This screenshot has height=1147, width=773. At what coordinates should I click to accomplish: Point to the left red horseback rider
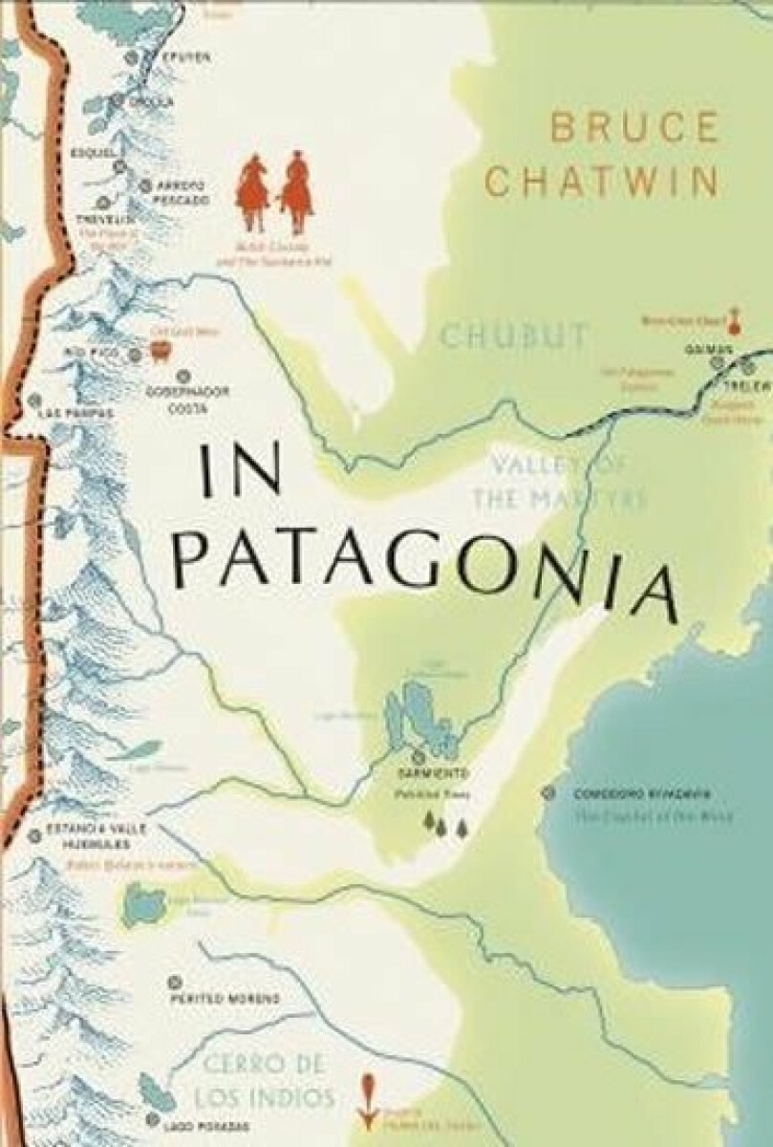pyautogui.click(x=253, y=191)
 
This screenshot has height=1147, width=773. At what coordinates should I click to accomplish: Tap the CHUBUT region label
pyautogui.click(x=513, y=335)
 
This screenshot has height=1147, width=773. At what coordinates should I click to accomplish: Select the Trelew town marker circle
pyautogui.click(x=748, y=364)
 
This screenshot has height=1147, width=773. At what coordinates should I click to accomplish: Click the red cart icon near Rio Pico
pyautogui.click(x=159, y=352)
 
